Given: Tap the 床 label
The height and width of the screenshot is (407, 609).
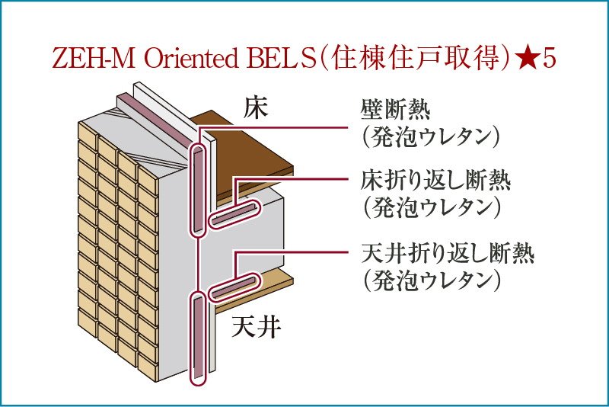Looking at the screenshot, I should coord(256,108).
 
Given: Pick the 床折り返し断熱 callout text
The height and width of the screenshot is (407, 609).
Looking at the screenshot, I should coord(435,182).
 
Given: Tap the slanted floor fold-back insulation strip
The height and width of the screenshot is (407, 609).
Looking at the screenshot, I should coord(233,215).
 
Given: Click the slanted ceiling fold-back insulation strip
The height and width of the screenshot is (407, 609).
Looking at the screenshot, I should coord(233,287).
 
